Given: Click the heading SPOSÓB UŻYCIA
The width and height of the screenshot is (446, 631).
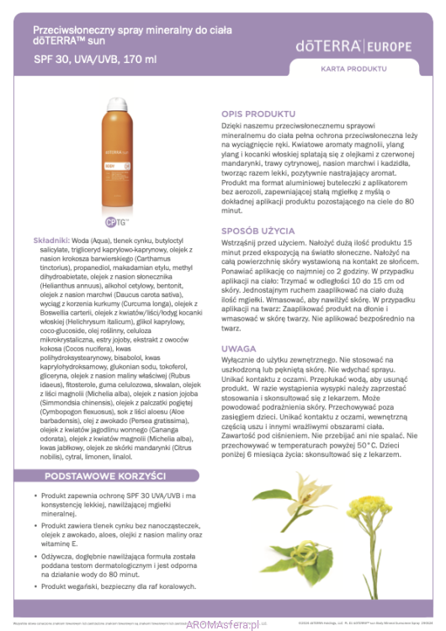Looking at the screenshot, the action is click(258, 230).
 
